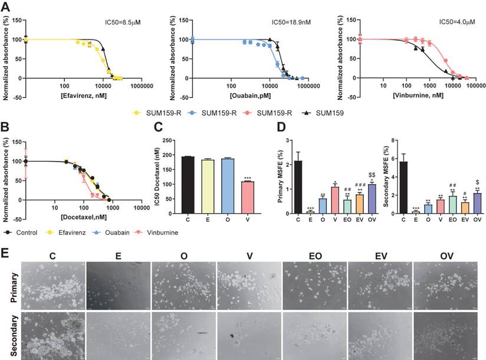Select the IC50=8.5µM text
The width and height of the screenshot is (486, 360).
120,22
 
